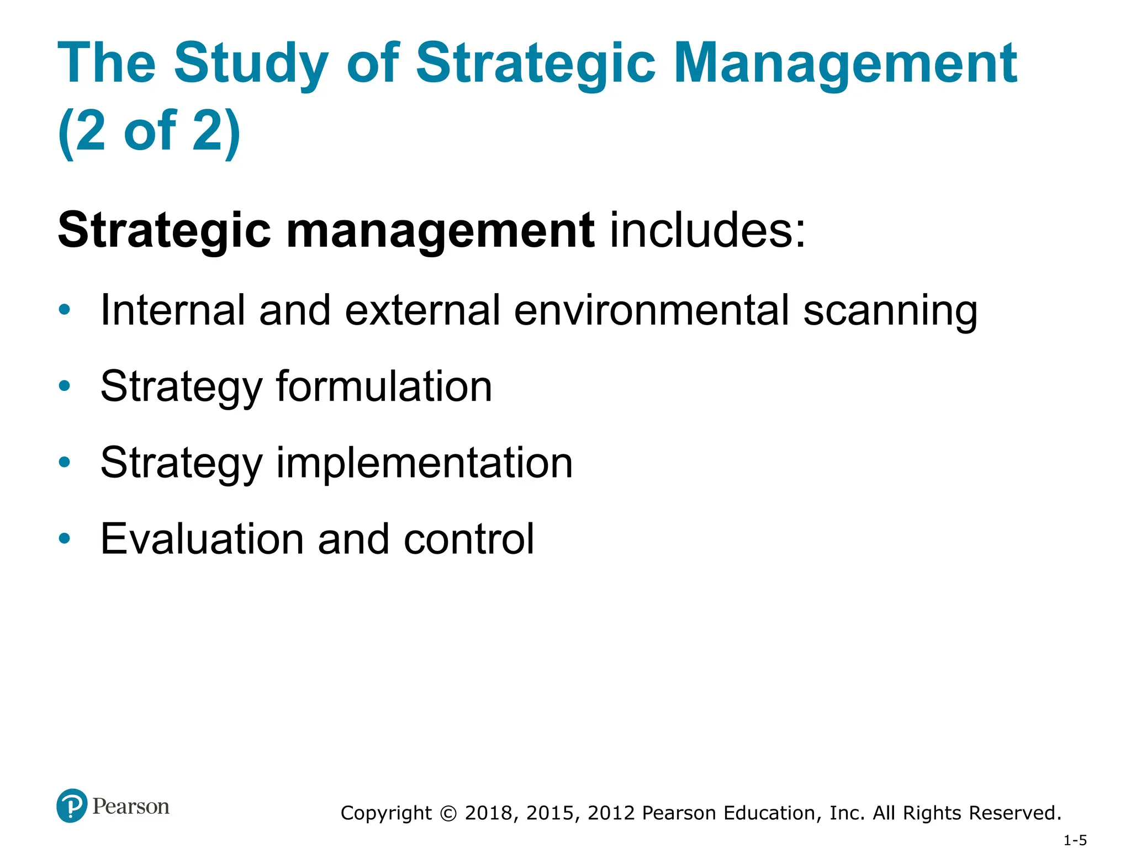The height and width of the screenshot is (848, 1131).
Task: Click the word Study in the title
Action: pos(251,64)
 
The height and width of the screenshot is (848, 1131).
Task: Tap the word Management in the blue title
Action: pos(845,64)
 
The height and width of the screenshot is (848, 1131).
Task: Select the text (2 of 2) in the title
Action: pos(149,131)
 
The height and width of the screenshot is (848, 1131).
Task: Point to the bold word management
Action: pos(440,231)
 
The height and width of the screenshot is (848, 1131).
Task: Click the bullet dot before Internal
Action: pos(65,310)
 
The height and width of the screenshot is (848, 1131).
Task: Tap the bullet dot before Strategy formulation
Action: pos(65,386)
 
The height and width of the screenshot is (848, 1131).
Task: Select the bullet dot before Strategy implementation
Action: pos(65,462)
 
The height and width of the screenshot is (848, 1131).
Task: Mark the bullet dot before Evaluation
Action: pos(65,538)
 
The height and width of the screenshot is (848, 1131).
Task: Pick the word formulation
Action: pos(384,386)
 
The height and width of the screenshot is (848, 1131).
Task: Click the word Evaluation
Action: pos(202,539)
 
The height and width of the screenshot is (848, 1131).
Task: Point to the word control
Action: pos(469,539)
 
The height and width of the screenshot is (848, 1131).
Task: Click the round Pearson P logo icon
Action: pos(72,805)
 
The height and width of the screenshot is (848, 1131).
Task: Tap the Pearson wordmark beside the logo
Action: pos(131,807)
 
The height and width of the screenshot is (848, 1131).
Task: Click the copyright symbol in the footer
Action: pos(448,813)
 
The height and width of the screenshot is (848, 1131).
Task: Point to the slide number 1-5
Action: pos(1075,840)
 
